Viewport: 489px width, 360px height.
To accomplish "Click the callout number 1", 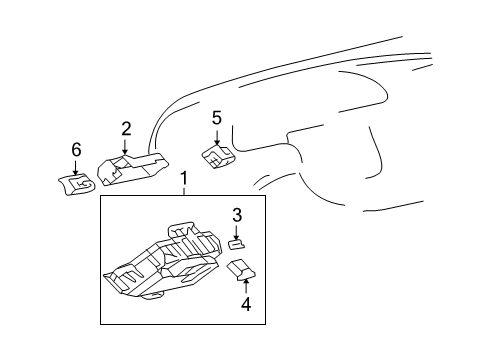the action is [184, 179].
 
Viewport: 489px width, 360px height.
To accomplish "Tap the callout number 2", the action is [126, 129].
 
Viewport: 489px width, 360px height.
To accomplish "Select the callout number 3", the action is [237, 215].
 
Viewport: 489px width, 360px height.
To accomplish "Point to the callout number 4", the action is [246, 304].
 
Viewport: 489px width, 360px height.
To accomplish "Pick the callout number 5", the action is [217, 118].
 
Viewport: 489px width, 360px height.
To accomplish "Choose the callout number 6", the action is [76, 150].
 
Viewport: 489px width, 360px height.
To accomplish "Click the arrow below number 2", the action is [125, 147].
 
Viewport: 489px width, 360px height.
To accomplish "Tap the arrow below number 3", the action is [236, 233].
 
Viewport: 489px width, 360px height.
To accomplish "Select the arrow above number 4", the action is [246, 286].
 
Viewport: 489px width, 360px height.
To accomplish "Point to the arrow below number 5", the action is [217, 138].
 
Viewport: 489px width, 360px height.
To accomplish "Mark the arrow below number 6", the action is [76, 168].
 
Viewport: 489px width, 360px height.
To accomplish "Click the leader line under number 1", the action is [184, 191].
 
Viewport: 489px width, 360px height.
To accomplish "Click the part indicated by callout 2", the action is [133, 168].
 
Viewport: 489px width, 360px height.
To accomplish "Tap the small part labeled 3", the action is [237, 244].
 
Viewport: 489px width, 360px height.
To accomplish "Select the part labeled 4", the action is [241, 270].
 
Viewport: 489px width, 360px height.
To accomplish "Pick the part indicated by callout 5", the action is [218, 156].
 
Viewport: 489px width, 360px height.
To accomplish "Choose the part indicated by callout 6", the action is [77, 184].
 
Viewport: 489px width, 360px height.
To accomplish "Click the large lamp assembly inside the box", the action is [162, 261].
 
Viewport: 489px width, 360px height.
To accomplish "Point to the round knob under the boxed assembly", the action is [153, 296].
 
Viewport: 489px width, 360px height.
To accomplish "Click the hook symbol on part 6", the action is [81, 184].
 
